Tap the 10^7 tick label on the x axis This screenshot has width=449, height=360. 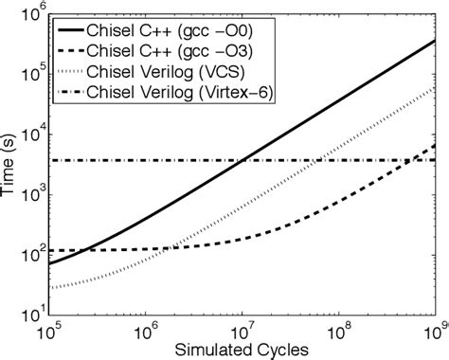[x=242, y=331]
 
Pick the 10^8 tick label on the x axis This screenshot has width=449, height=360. [x=338, y=331]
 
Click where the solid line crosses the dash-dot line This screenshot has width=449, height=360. [x=242, y=160]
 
